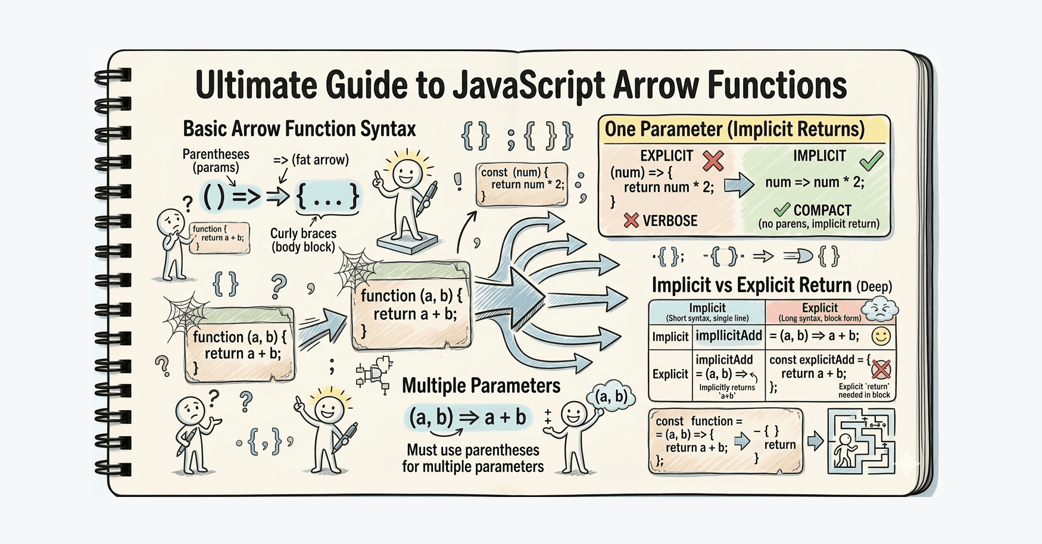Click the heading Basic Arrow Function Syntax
pyautogui.click(x=300, y=129)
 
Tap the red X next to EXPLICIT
pyautogui.click(x=713, y=160)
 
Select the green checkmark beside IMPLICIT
pyautogui.click(x=871, y=160)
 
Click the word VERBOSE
pyautogui.click(x=670, y=221)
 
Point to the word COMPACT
pyautogui.click(x=822, y=210)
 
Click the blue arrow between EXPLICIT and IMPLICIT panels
pyautogui.click(x=739, y=185)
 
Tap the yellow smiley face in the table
pyautogui.click(x=881, y=336)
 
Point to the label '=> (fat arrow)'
pyautogui.click(x=311, y=160)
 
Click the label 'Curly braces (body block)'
pyautogui.click(x=303, y=240)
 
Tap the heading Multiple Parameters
pyautogui.click(x=481, y=386)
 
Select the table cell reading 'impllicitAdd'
pyautogui.click(x=729, y=336)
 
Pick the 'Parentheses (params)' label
pyautogui.click(x=216, y=161)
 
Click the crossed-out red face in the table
pyautogui.click(x=881, y=370)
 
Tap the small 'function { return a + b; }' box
pyautogui.click(x=219, y=238)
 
